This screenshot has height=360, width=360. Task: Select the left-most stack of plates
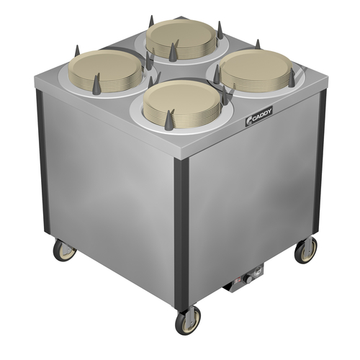tap(107, 68)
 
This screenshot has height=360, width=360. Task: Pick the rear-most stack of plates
tap(181, 37)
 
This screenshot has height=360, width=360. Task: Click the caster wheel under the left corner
tap(65, 250)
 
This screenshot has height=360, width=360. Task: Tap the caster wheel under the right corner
tap(306, 249)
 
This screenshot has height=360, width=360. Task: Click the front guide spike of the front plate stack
tap(169, 120)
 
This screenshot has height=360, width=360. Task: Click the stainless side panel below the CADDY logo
tap(252, 202)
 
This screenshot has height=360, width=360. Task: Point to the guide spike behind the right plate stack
tap(258, 45)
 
